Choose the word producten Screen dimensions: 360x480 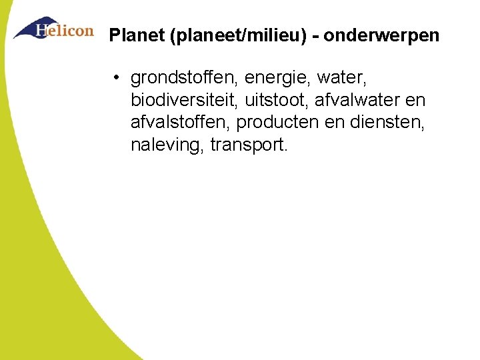click(x=279, y=123)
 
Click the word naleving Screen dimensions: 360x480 click(x=167, y=145)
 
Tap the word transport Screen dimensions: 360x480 click(x=249, y=145)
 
